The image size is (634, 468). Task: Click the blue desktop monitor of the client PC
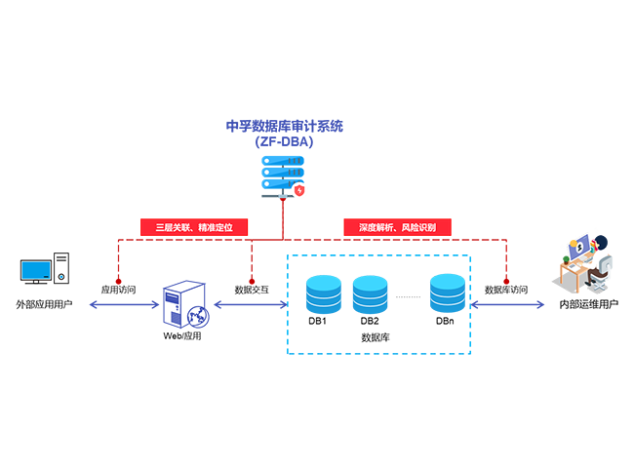tap(36, 268)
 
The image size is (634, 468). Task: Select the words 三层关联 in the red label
tap(172, 227)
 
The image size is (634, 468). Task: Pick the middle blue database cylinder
tap(370, 291)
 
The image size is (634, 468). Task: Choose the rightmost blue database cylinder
tap(448, 291)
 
